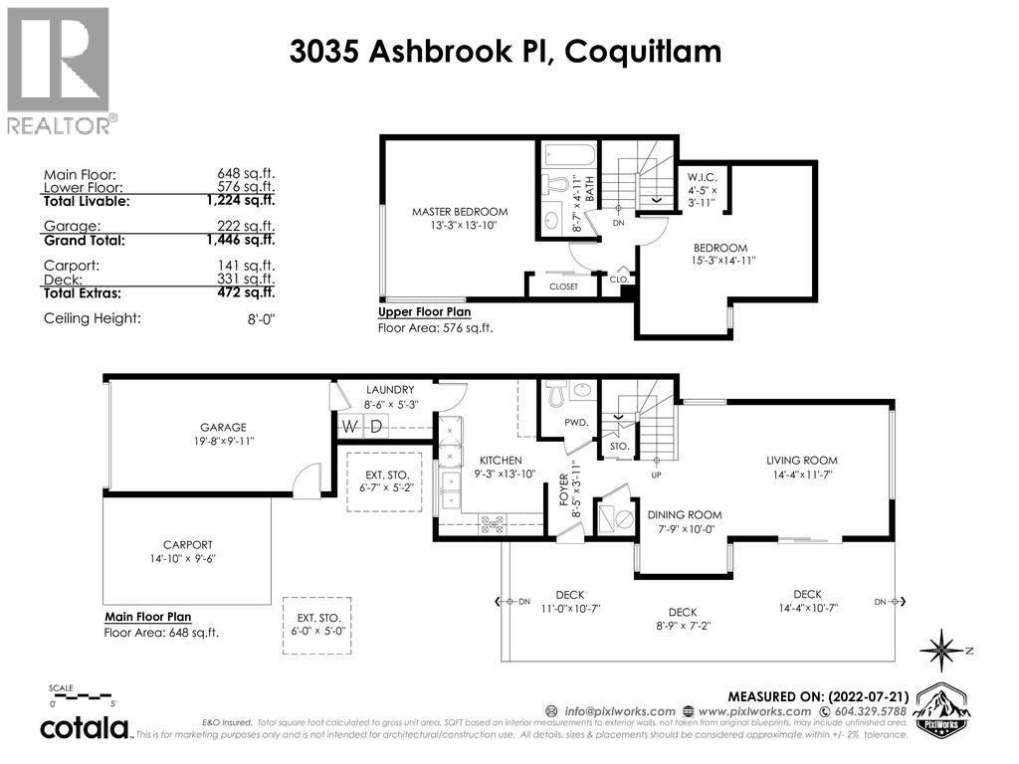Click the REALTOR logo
pos(59,70)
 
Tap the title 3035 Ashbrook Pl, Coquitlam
pos(506,52)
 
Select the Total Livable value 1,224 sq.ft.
pos(246,201)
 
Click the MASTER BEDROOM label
pos(460,212)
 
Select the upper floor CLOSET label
pos(563,286)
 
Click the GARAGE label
pos(222,427)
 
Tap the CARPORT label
pos(188,544)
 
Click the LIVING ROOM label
pos(801,461)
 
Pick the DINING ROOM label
pos(684,514)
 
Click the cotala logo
pos(85,728)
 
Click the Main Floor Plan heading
pos(147,617)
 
